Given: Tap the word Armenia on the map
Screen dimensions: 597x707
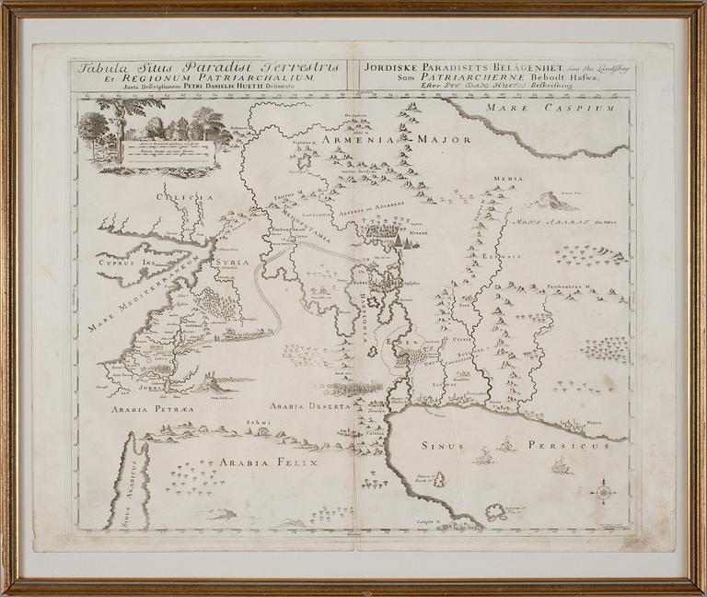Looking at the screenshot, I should pyautogui.click(x=359, y=140).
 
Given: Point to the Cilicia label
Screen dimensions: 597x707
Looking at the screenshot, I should pyautogui.click(x=184, y=196).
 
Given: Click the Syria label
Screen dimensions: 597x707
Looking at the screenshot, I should pyautogui.click(x=231, y=263).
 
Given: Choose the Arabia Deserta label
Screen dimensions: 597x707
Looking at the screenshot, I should pyautogui.click(x=310, y=406).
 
